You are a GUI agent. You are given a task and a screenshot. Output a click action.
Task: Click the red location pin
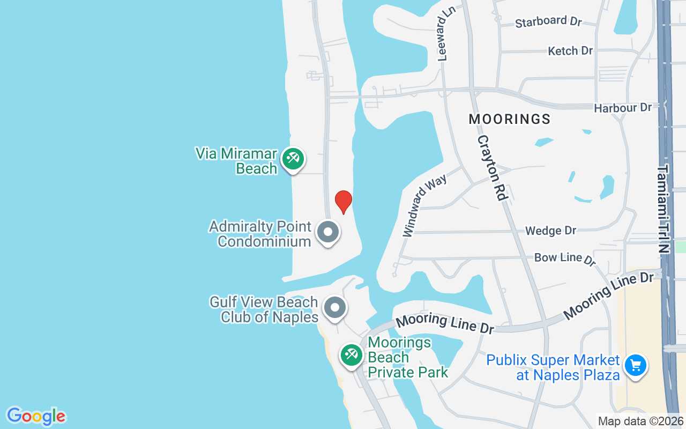(x=344, y=202)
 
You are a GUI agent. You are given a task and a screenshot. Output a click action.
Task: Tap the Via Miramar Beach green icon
(x=293, y=159)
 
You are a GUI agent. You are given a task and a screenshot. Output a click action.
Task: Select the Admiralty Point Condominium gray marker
(x=328, y=233)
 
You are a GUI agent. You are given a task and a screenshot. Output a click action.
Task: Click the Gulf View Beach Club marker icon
(x=335, y=308)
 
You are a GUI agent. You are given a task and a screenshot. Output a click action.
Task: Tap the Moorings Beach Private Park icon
(x=352, y=355)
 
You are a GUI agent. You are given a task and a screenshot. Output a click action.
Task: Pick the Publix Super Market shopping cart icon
(x=636, y=366)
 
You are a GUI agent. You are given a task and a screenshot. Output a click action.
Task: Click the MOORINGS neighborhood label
(x=510, y=119)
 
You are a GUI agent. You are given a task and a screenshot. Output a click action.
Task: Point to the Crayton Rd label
(x=492, y=167)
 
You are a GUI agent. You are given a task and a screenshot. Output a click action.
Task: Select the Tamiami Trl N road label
(x=663, y=209)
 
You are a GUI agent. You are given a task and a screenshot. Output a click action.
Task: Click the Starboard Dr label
(x=548, y=22)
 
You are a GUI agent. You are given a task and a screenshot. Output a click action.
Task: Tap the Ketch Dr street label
(x=570, y=51)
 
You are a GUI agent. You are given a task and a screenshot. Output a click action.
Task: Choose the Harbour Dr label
(x=623, y=108)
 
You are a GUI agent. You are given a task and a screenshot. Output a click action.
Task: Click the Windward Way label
(x=425, y=204)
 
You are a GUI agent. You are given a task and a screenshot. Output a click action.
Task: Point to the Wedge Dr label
(x=550, y=231)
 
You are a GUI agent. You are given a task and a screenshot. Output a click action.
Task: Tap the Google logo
(x=36, y=416)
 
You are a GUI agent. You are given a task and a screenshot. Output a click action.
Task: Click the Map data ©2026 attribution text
(x=640, y=421)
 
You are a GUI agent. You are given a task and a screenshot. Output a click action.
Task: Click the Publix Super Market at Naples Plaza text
(x=553, y=367)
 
